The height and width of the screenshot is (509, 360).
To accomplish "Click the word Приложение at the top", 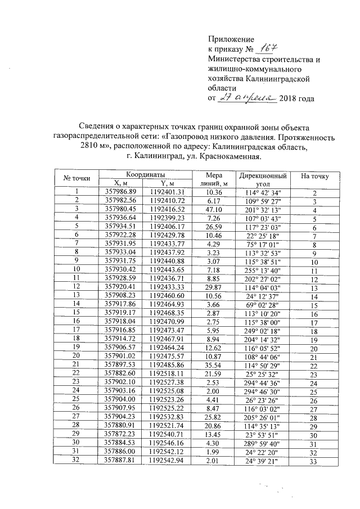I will (231, 39).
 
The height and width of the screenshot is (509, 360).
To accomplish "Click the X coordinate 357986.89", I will (121, 192).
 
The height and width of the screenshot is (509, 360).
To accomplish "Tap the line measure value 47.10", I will (216, 210).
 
